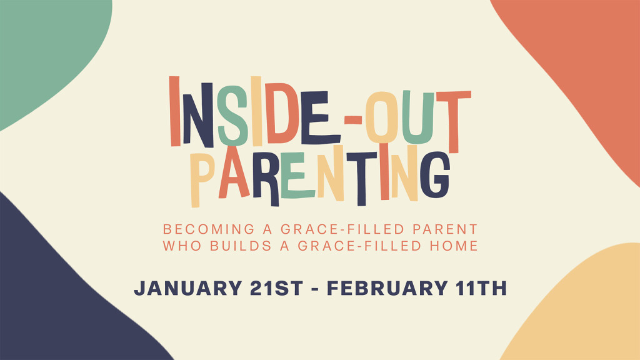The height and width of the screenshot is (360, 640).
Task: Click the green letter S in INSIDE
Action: (233, 116)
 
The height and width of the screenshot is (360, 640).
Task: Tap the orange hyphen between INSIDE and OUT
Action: (353, 119)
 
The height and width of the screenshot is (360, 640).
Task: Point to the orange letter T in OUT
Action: (454, 122)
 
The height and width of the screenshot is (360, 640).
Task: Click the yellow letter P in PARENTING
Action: (201, 179)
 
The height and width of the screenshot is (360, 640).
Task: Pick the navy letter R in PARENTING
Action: (266, 179)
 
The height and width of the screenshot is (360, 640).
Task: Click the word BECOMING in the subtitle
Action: (209, 229)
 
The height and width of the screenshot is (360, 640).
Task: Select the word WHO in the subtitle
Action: (182, 246)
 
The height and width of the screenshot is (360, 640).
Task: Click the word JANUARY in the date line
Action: (188, 288)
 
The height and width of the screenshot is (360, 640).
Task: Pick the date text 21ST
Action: (276, 288)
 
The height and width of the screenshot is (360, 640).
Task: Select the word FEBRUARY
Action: (387, 288)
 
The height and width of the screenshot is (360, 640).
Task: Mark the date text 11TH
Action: (481, 288)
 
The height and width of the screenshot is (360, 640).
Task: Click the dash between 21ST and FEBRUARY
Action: (315, 289)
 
